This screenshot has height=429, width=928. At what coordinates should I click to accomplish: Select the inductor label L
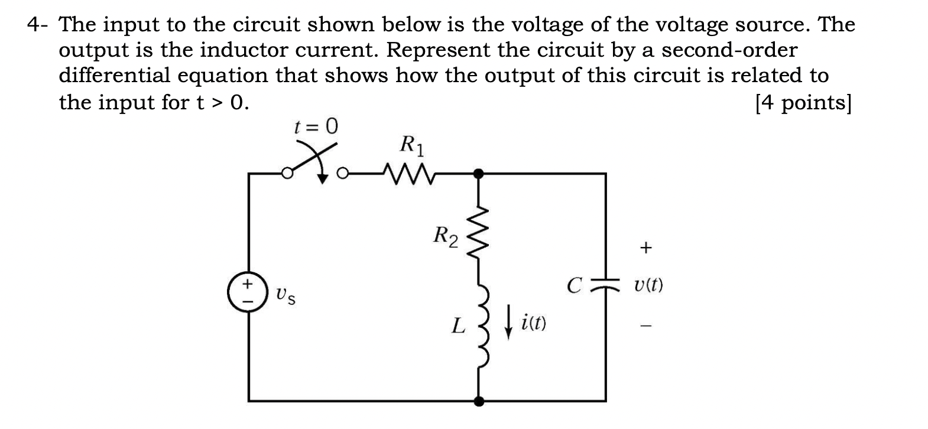click(x=457, y=326)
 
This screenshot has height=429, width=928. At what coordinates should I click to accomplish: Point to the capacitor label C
click(x=573, y=286)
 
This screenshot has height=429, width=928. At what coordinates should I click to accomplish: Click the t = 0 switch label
click(x=316, y=126)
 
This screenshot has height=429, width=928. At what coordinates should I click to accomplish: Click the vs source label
click(x=285, y=294)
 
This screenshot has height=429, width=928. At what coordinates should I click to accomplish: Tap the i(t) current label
click(x=534, y=324)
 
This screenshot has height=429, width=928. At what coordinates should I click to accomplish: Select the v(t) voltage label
click(x=648, y=287)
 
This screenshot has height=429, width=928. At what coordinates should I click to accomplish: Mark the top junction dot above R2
click(x=479, y=174)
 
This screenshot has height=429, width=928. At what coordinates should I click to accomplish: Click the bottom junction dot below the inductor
click(x=479, y=401)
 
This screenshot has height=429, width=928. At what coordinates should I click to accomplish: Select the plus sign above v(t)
click(x=646, y=248)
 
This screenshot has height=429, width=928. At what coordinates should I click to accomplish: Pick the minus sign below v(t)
click(x=646, y=325)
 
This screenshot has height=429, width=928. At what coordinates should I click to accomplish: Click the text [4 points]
click(x=803, y=103)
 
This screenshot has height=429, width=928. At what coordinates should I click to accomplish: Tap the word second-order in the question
click(x=729, y=50)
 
